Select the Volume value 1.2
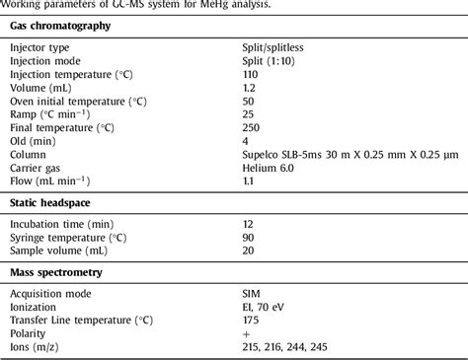(249, 87)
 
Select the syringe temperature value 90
(249, 238)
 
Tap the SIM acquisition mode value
(252, 294)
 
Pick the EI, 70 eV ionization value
(265, 307)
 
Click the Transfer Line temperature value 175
(251, 321)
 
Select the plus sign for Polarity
(247, 333)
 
